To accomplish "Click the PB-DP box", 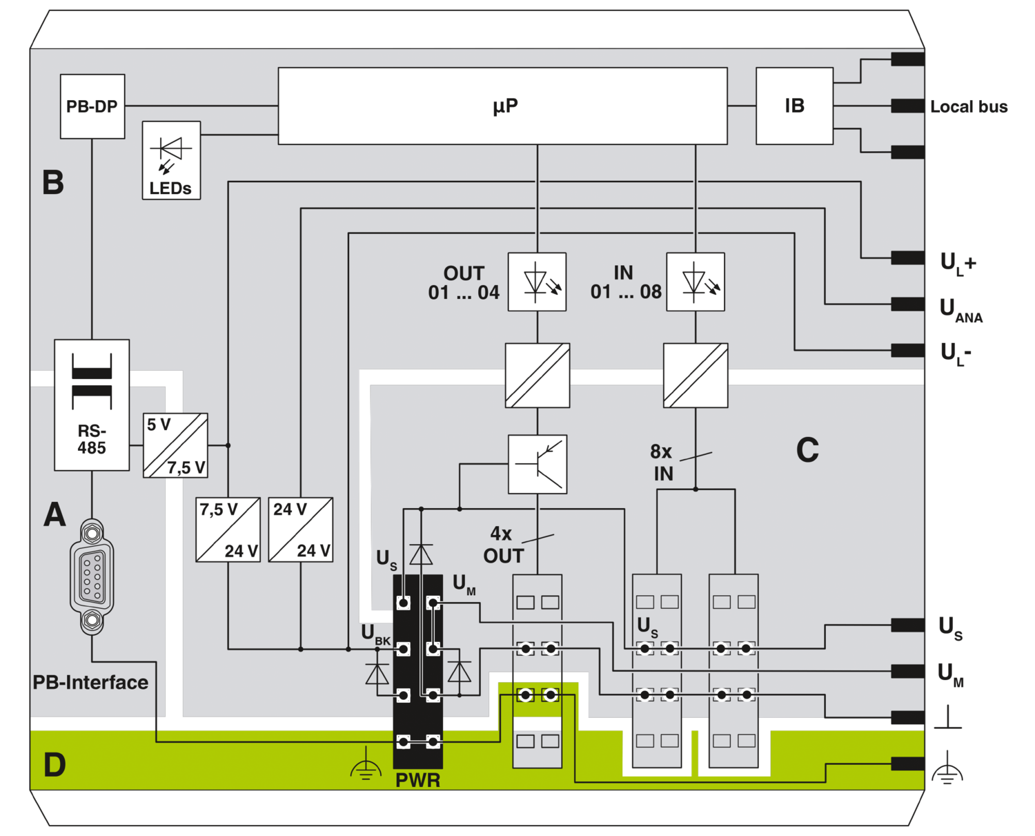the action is click(x=92, y=106).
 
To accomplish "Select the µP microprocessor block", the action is click(x=502, y=106).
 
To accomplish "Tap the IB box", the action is click(x=794, y=106).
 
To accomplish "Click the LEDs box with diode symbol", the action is click(x=171, y=160).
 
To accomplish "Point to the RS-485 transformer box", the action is click(x=92, y=405).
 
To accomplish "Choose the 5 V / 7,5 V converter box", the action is click(x=175, y=445).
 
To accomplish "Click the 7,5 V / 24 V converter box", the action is click(x=228, y=529).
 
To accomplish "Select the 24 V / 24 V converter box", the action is click(x=301, y=529).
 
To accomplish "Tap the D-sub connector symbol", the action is click(x=92, y=576).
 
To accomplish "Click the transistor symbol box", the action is click(x=538, y=464).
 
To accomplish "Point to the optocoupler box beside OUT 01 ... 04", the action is click(x=537, y=282).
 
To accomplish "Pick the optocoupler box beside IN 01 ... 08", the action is click(x=696, y=282).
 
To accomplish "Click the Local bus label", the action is click(x=969, y=107).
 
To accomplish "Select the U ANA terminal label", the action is click(x=960, y=311).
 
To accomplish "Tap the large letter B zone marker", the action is click(x=53, y=182).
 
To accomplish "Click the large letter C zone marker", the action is click(x=807, y=449).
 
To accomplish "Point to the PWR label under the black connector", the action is click(x=418, y=780).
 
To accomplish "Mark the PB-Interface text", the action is click(x=90, y=683).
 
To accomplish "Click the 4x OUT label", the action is click(x=504, y=545).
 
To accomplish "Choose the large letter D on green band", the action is click(x=55, y=765).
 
